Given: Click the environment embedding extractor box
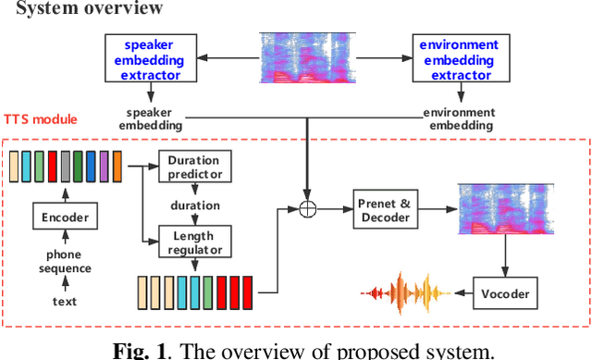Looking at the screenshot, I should pyautogui.click(x=458, y=57).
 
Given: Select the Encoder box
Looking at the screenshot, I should pyautogui.click(x=65, y=217).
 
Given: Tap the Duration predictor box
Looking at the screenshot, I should pyautogui.click(x=194, y=168).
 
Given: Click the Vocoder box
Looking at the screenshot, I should pyautogui.click(x=507, y=293).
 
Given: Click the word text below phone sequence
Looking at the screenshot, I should pyautogui.click(x=65, y=301).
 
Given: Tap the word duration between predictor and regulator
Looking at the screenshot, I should pyautogui.click(x=194, y=205).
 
